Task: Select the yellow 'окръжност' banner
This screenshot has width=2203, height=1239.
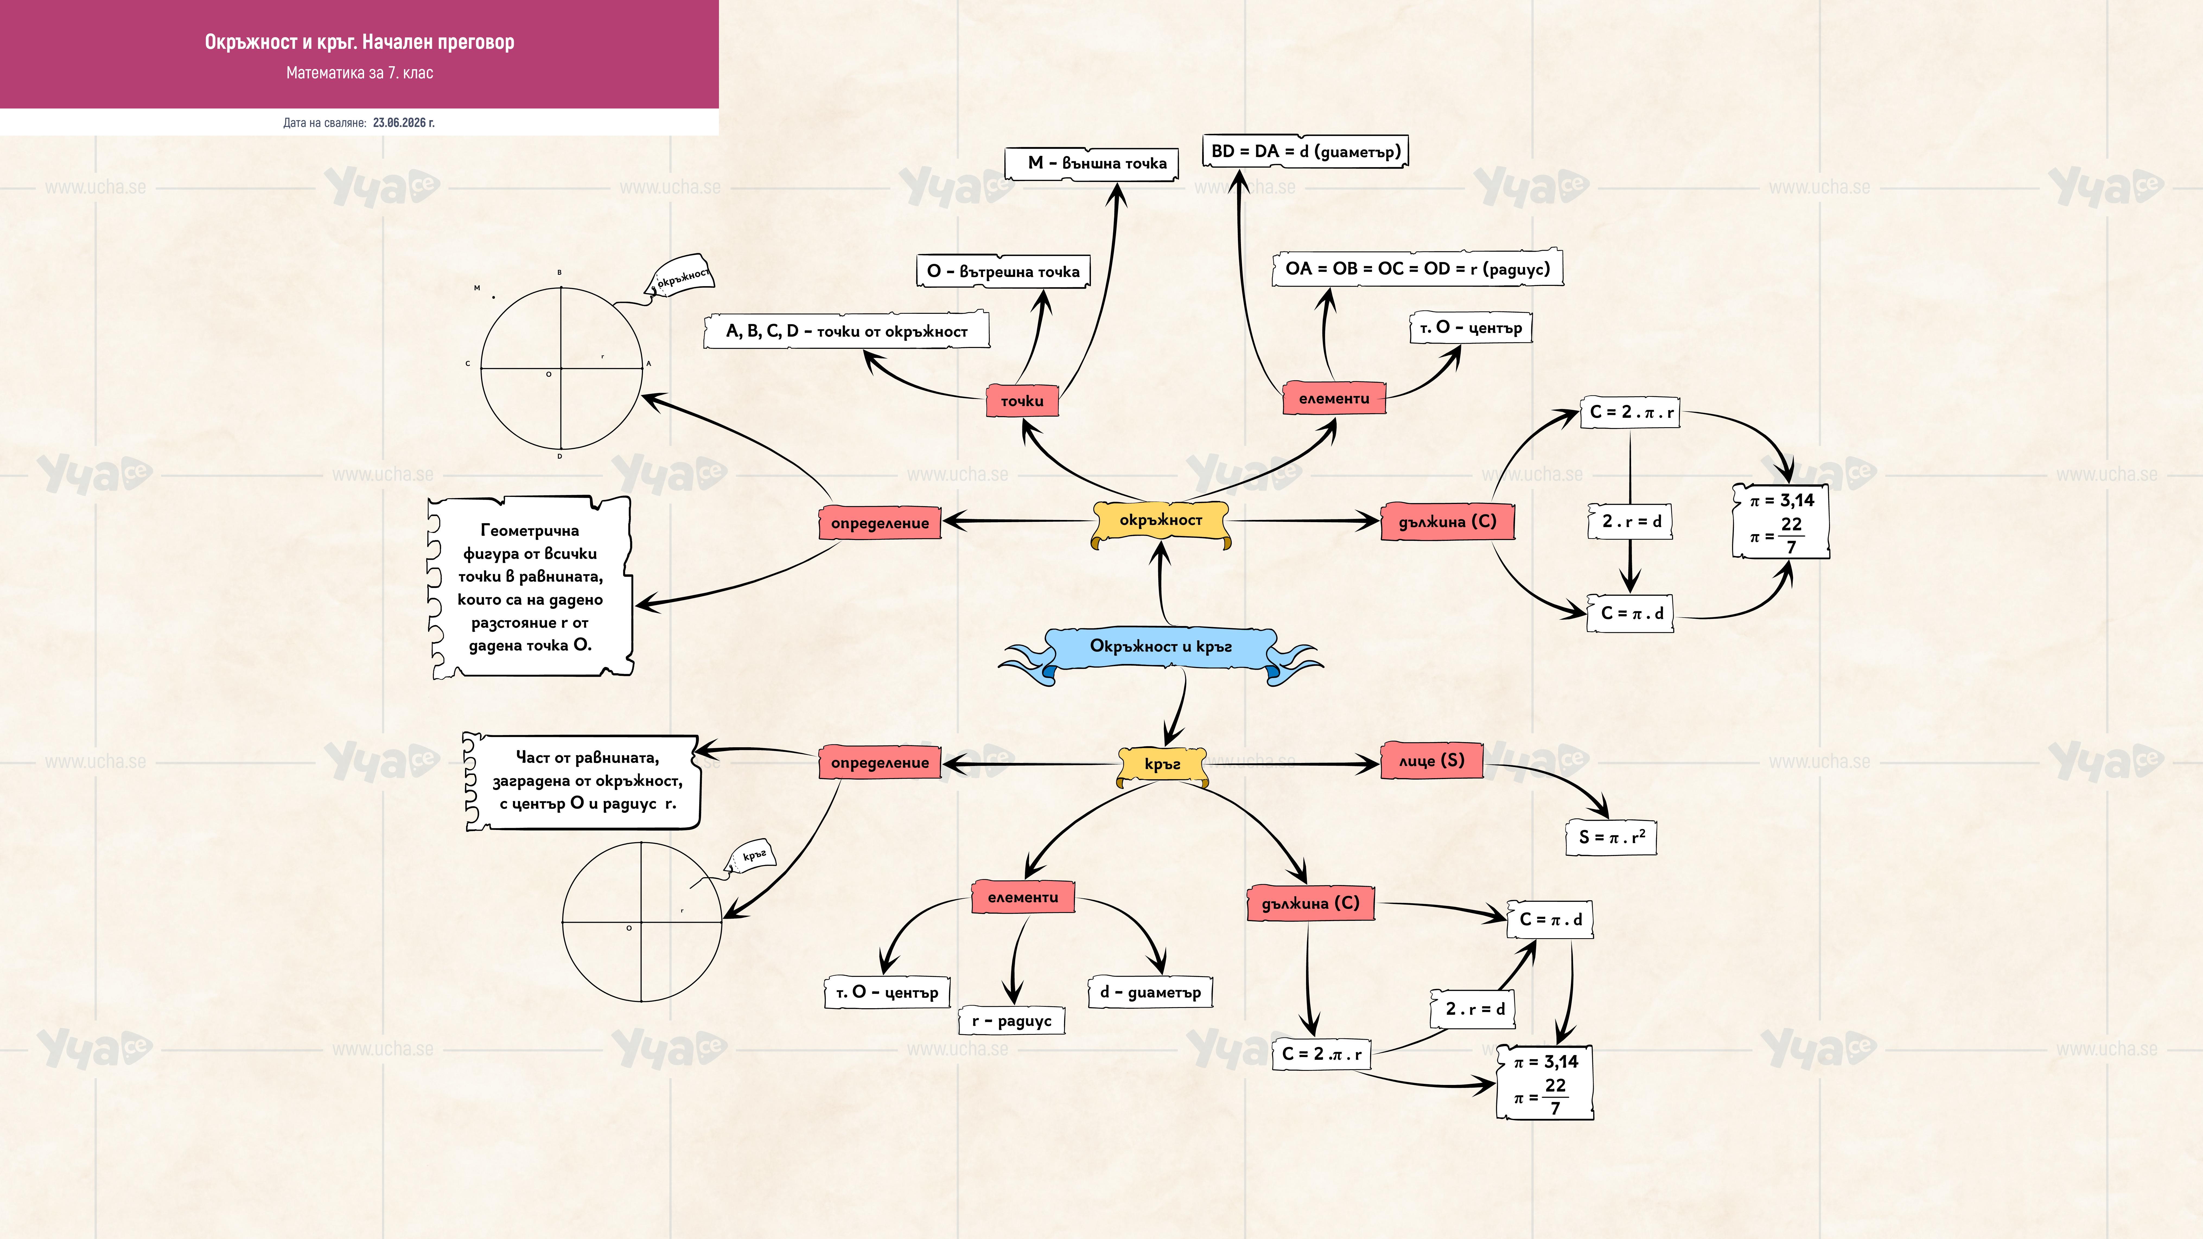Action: pos(1161,522)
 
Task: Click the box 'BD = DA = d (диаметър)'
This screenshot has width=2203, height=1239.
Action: pos(1305,151)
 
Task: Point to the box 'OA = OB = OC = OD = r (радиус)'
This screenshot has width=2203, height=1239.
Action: pos(1417,269)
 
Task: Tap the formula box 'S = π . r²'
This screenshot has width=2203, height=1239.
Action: pos(1611,837)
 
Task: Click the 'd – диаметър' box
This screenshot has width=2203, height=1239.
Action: pos(1150,992)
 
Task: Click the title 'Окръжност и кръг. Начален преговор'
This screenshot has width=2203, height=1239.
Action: pos(359,42)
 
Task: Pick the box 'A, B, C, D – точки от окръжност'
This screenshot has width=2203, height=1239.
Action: pos(847,331)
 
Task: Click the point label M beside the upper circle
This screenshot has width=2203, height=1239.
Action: pos(477,288)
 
